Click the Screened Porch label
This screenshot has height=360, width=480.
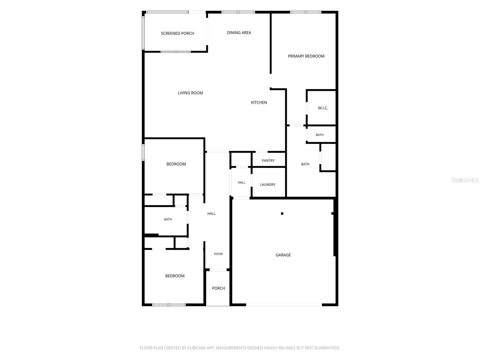coord(177,33)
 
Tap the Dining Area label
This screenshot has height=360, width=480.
coord(239,33)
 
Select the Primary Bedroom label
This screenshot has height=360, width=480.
coord(306,56)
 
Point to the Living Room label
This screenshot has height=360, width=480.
coord(190,93)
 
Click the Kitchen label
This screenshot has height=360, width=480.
coord(259,103)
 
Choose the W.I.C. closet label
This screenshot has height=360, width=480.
coord(323,108)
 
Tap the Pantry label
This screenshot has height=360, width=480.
coord(268,160)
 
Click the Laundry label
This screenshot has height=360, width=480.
coord(268,184)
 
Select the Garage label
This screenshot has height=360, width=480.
coord(283,255)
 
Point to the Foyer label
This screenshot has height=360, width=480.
coord(218,254)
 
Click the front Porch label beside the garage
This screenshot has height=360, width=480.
coord(218,288)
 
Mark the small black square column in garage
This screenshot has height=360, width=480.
coord(282,213)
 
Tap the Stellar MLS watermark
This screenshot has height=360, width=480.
coord(465,180)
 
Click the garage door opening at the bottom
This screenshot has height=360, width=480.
coord(284,304)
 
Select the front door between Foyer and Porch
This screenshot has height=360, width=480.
coord(218,270)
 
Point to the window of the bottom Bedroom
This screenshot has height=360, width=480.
coord(169,305)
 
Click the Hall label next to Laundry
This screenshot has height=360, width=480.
coord(241,182)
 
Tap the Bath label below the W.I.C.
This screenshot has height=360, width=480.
coord(319,135)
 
